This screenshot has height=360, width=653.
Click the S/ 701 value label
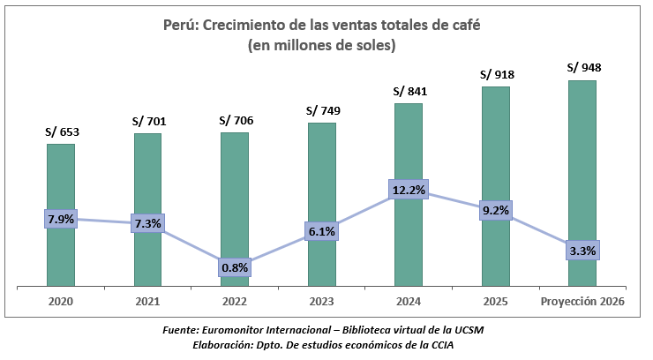(x=148, y=122)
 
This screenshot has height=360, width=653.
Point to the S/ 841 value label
(x=409, y=91)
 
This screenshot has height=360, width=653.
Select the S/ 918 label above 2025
(x=496, y=75)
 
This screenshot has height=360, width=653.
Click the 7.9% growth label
(x=60, y=219)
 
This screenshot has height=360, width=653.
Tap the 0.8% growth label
(x=235, y=266)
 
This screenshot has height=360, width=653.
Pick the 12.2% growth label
(x=409, y=190)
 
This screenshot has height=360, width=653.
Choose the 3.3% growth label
(x=582, y=251)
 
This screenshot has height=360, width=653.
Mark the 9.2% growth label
(x=496, y=210)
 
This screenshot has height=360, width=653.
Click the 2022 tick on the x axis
(x=235, y=302)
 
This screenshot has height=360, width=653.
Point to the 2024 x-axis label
(x=409, y=302)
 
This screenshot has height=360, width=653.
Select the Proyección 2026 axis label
(x=582, y=302)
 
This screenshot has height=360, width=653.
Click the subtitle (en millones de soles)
(x=322, y=44)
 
